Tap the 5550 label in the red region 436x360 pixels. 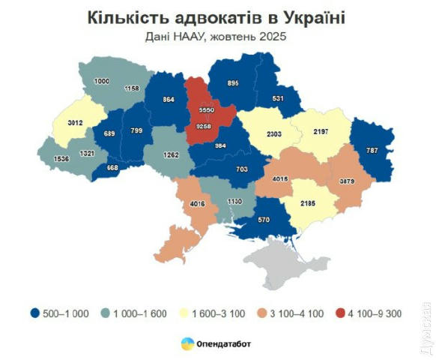(x=208, y=109)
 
